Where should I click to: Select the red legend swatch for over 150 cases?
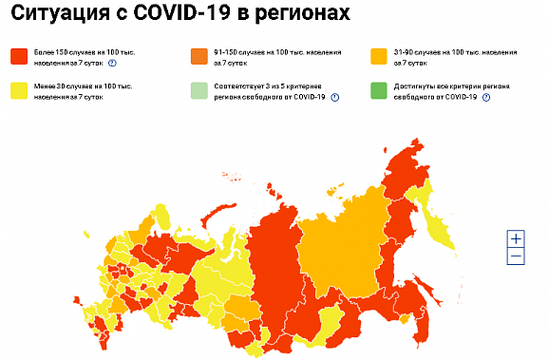coord(18,55)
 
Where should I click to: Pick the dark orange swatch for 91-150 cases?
coord(198,55)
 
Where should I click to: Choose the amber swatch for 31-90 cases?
coord(378,55)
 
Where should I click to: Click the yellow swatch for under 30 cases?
coord(18,91)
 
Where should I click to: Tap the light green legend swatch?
coord(198,91)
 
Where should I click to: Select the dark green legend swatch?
coord(378,91)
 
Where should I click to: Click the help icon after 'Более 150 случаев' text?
coord(112,62)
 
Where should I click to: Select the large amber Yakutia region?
coord(342,237)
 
